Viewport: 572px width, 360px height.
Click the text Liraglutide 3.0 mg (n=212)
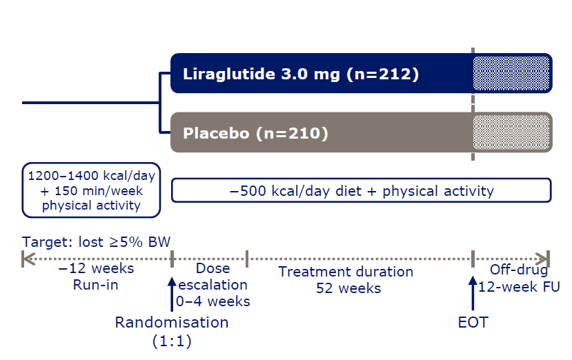click(x=301, y=74)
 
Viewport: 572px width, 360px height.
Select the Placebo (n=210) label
click(x=255, y=133)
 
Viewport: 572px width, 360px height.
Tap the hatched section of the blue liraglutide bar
click(x=511, y=73)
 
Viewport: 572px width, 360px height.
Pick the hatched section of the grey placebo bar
click(x=511, y=132)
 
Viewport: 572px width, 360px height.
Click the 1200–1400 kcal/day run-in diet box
click(x=91, y=190)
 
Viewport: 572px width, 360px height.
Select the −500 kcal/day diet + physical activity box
click(x=361, y=190)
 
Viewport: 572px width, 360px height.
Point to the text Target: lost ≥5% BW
click(x=96, y=242)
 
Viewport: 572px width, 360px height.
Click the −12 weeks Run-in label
click(x=96, y=277)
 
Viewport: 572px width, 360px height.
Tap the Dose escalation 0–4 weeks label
click(x=213, y=285)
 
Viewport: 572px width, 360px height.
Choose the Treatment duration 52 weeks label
click(x=346, y=280)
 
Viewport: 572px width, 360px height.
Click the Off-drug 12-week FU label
click(x=519, y=278)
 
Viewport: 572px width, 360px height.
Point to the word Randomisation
click(x=172, y=323)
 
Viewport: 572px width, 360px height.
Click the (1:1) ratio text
click(x=172, y=341)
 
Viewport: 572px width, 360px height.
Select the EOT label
click(x=473, y=323)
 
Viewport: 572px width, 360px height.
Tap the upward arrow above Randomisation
click(x=172, y=294)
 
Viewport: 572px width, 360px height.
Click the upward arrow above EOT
click(x=473, y=293)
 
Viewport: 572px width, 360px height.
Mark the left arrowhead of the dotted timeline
click(x=28, y=259)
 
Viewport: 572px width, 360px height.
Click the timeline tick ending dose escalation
click(x=247, y=259)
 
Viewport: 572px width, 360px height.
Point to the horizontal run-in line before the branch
click(x=91, y=103)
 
